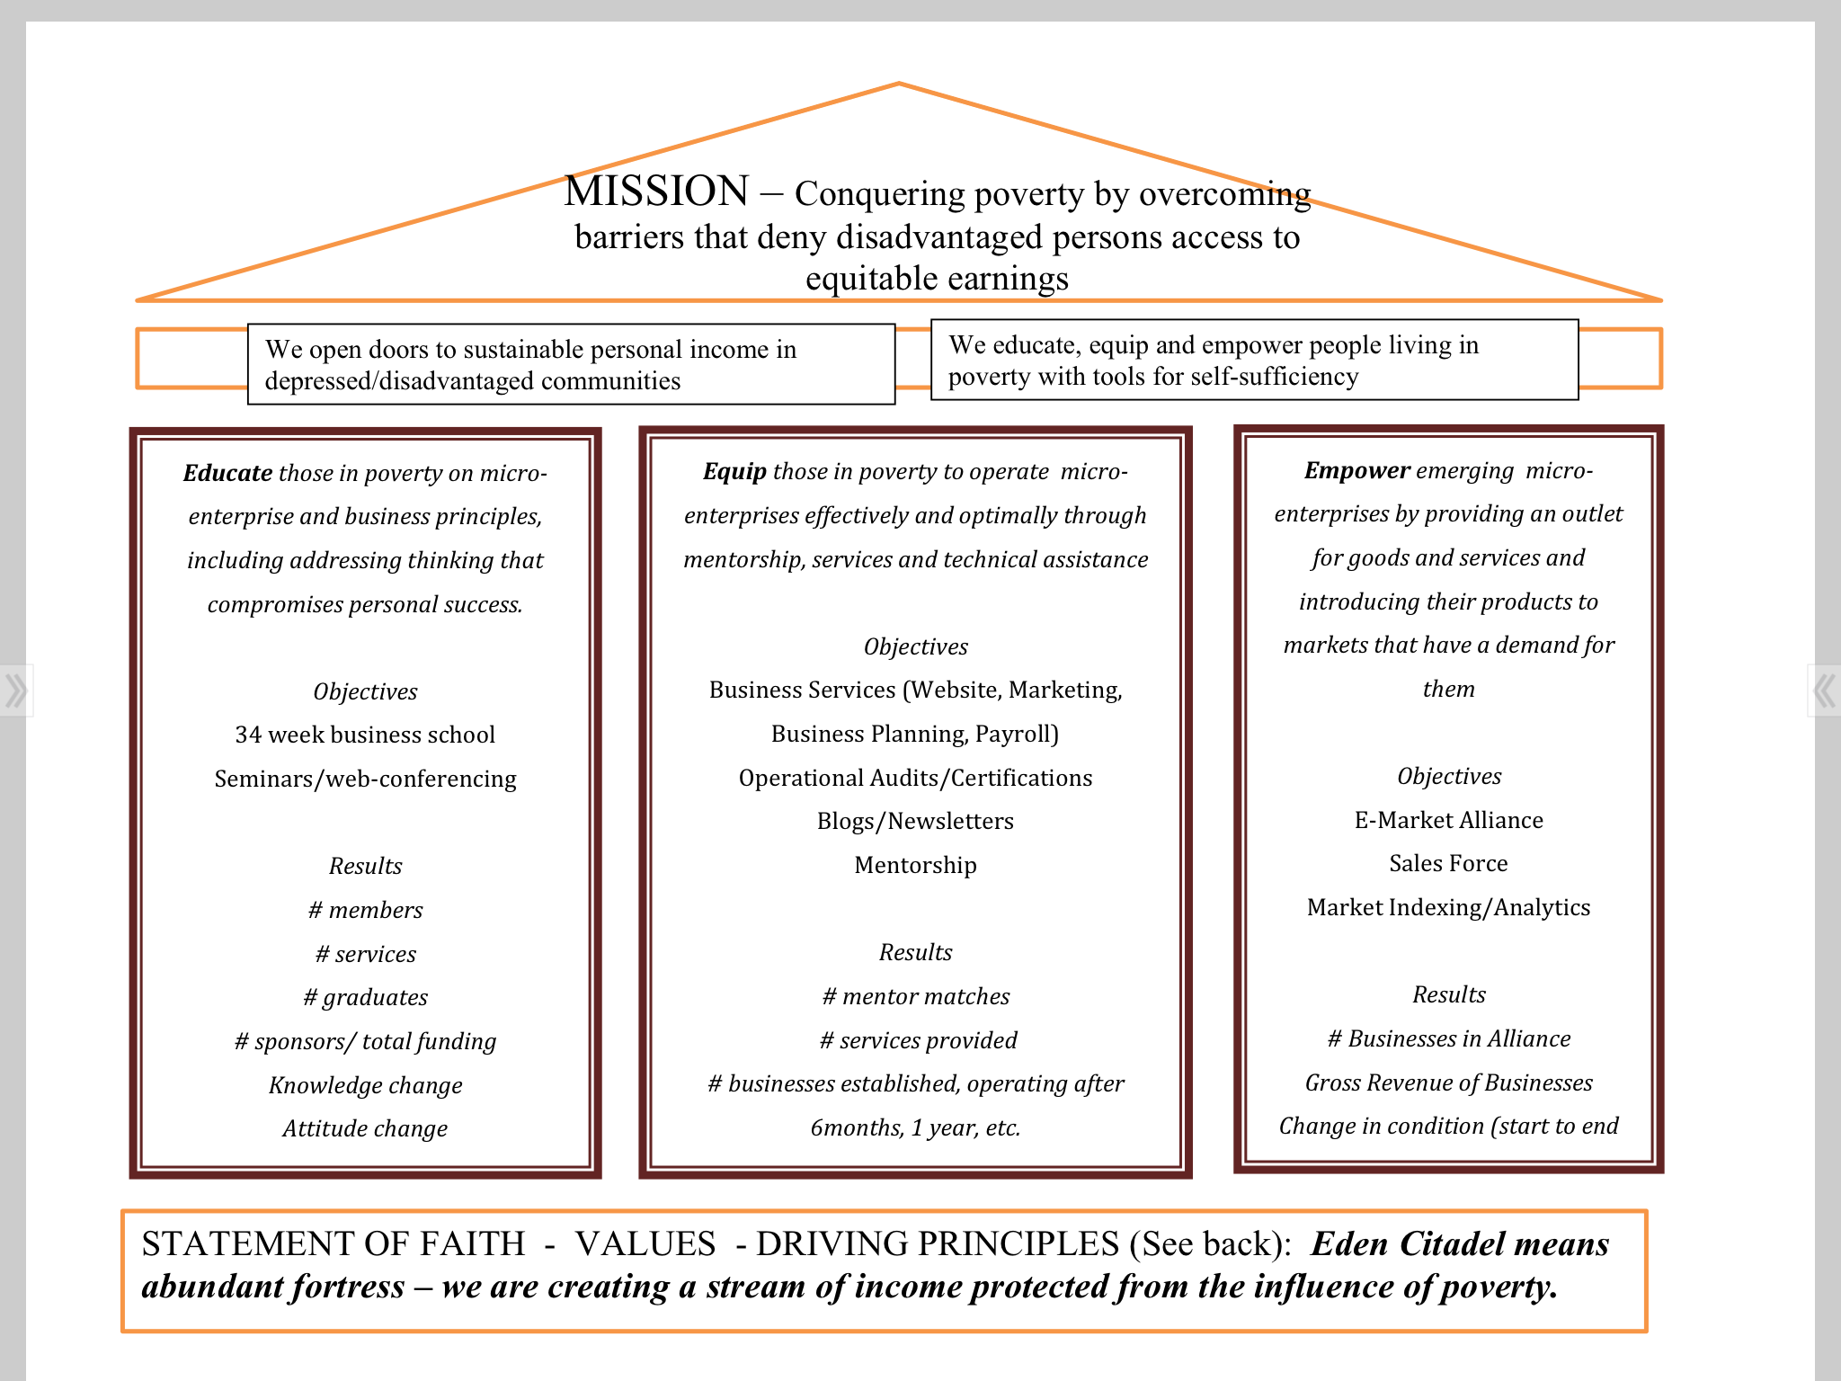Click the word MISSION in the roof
656,192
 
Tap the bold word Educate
227,473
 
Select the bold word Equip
734,471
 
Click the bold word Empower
1356,470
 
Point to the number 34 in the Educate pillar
248,735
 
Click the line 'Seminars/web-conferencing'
365,779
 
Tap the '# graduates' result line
365,997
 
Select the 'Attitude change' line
365,1128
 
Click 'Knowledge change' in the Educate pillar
365,1085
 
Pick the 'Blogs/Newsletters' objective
915,821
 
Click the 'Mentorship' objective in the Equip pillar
915,865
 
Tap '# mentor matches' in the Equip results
915,996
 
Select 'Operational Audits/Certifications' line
915,778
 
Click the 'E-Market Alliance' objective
1448,820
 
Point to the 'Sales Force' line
1448,863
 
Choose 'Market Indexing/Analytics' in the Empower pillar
1448,907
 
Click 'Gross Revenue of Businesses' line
1448,1083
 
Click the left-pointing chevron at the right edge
1824,690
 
